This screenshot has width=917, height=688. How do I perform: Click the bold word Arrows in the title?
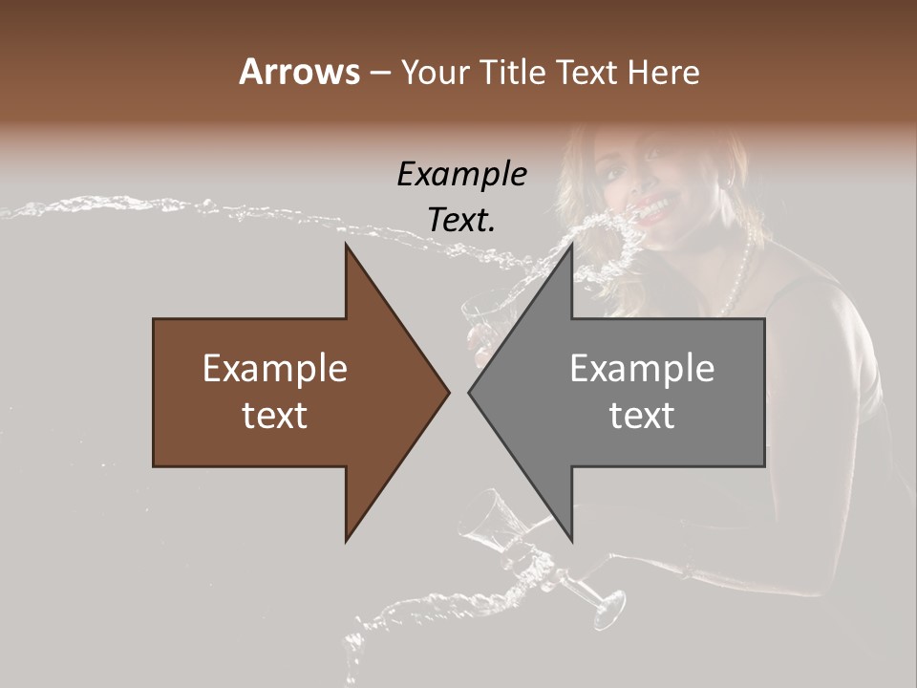pyautogui.click(x=299, y=72)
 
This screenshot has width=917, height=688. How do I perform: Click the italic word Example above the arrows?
pyautogui.click(x=461, y=175)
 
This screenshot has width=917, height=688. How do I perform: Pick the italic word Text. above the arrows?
pyautogui.click(x=461, y=220)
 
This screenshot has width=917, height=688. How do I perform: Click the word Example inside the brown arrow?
pyautogui.click(x=274, y=369)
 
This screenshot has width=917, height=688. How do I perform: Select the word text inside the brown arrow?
pyautogui.click(x=274, y=416)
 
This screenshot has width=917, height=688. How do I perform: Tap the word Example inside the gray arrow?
pyautogui.click(x=642, y=369)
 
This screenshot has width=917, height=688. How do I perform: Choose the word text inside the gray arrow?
pyautogui.click(x=642, y=416)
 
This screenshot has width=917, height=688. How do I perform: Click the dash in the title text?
pyautogui.click(x=379, y=74)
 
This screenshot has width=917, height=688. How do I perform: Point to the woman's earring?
pyautogui.click(x=730, y=181)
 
